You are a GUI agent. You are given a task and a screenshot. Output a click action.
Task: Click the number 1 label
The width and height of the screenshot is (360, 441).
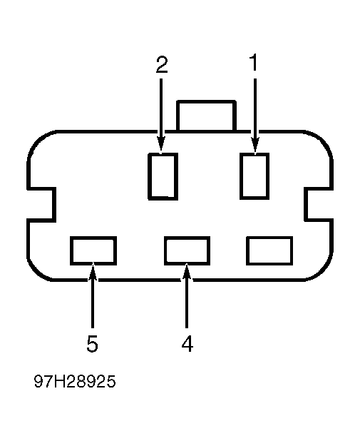(254, 62)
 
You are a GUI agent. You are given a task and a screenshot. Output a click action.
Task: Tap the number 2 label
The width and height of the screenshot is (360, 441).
(162, 65)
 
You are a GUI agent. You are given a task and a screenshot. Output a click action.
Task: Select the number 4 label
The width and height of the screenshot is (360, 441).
(187, 343)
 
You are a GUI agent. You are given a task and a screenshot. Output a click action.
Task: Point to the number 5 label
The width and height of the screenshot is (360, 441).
(92, 343)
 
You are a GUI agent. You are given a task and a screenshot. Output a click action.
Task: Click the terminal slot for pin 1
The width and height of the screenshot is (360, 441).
(254, 176)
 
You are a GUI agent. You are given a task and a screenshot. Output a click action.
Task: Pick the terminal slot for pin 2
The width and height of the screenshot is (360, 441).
(163, 176)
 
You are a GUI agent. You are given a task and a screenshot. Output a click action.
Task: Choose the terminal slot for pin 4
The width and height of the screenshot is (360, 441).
(187, 250)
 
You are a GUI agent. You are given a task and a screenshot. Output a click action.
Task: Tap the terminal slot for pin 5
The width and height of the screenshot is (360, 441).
(93, 250)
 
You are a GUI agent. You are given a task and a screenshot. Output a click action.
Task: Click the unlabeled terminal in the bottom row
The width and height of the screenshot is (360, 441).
(269, 250)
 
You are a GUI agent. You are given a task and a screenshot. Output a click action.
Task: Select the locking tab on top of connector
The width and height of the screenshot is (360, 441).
(206, 116)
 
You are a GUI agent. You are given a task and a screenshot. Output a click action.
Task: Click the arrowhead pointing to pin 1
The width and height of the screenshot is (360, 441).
(255, 146)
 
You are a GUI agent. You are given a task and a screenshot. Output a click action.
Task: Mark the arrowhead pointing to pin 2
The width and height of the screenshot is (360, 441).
(161, 146)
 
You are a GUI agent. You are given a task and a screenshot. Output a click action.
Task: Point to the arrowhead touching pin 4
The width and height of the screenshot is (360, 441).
(187, 272)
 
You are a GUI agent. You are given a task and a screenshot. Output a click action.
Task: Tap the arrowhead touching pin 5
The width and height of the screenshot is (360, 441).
(93, 272)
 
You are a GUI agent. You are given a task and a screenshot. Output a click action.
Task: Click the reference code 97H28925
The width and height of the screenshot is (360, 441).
(75, 381)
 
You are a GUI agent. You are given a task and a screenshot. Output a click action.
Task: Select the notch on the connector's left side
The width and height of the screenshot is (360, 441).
(41, 204)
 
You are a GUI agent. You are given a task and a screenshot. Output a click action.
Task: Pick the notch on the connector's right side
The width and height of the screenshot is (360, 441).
(319, 204)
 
